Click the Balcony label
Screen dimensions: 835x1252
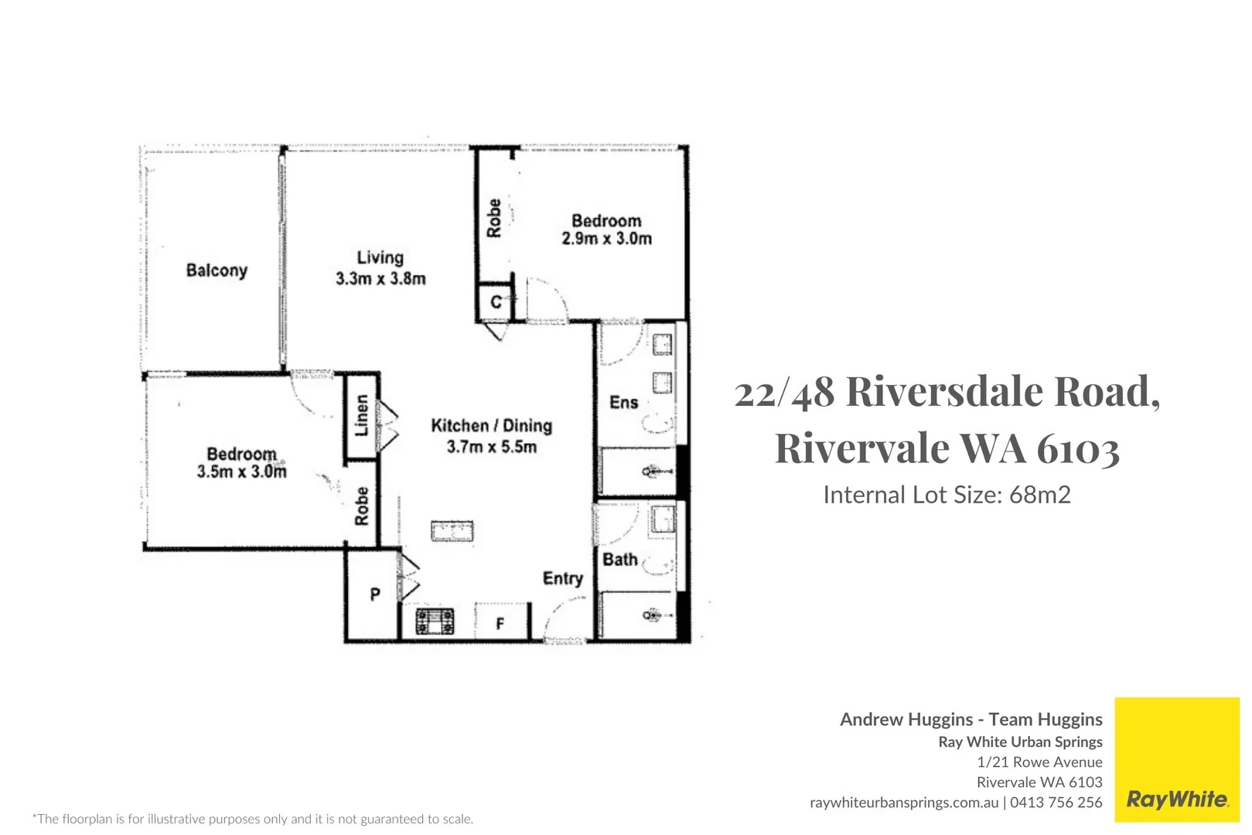[x=217, y=271]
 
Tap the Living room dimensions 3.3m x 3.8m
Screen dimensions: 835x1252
[x=380, y=279]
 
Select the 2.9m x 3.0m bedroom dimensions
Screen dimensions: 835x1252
[x=606, y=239]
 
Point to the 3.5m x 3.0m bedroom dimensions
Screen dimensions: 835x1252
[x=241, y=472]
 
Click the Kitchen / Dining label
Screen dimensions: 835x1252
[x=491, y=426]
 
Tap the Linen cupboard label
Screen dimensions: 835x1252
[x=361, y=416]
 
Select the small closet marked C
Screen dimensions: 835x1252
[x=496, y=302]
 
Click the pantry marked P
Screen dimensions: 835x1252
[x=374, y=595]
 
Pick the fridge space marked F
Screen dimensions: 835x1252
[x=500, y=623]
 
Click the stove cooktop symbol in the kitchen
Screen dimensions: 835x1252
[x=435, y=621]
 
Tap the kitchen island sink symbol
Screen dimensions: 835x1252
[x=452, y=531]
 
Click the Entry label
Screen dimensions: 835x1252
[x=562, y=579]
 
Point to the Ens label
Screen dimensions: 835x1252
[x=623, y=403]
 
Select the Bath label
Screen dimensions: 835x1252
[x=619, y=560]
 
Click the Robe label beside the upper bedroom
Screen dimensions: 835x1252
[x=493, y=218]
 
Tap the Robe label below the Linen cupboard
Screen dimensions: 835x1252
[x=361, y=506]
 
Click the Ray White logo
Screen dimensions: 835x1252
[x=1176, y=799]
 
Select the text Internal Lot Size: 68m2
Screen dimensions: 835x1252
[x=946, y=495]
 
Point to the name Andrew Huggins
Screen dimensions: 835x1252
[x=906, y=720]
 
